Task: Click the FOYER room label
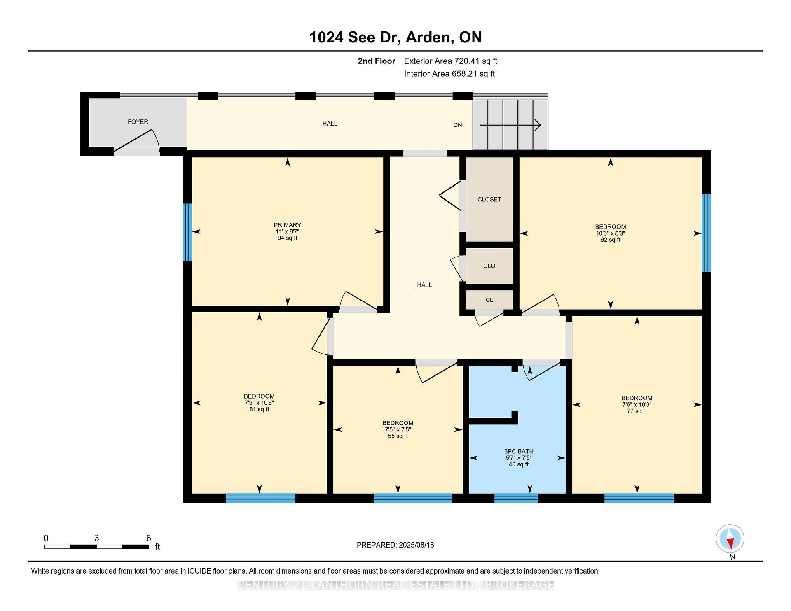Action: click(x=138, y=122)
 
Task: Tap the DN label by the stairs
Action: click(x=457, y=125)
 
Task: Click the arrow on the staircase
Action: click(x=510, y=125)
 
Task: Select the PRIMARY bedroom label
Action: click(x=287, y=225)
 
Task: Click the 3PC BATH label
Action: click(x=519, y=451)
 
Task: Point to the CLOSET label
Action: click(x=489, y=199)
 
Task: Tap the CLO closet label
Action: click(x=489, y=266)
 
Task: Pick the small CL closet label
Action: click(x=489, y=300)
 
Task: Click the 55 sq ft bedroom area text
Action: click(x=398, y=436)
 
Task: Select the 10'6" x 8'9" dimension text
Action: click(x=610, y=233)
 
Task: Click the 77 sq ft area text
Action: click(x=637, y=411)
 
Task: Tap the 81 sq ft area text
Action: click(x=259, y=409)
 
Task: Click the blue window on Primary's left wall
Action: click(x=187, y=232)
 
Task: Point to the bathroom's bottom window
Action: click(x=516, y=498)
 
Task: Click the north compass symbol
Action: click(x=730, y=539)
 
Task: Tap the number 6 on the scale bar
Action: click(x=149, y=538)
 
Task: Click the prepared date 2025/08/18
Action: click(x=416, y=545)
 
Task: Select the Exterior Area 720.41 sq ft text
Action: click(x=450, y=61)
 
